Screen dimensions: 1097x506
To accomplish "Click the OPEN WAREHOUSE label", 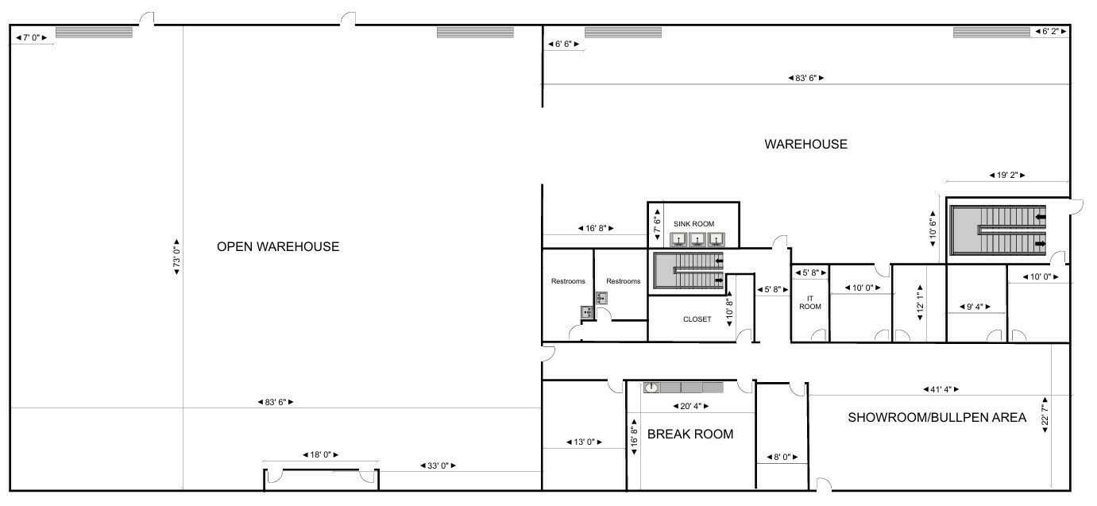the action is click(278, 246).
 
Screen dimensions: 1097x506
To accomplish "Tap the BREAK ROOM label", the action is click(690, 434).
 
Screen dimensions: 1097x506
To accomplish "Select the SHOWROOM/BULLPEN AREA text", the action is click(937, 417).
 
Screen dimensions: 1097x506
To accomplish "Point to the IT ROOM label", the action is click(810, 303).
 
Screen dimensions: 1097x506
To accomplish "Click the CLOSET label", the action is click(697, 319).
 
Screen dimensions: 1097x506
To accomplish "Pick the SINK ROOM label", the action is click(693, 224).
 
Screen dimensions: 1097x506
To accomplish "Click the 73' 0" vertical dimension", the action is click(176, 257).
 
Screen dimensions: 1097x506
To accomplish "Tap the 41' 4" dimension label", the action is click(941, 389).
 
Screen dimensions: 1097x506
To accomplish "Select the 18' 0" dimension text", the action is click(320, 455).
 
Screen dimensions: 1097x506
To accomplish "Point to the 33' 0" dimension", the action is click(438, 465).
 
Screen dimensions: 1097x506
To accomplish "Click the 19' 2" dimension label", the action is click(1007, 175).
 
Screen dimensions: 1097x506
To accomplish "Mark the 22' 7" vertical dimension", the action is click(1045, 415).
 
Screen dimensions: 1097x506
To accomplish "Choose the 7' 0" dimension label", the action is click(31, 37).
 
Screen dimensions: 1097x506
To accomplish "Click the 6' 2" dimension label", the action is click(1050, 31).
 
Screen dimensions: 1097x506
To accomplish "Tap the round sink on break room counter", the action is click(651, 388).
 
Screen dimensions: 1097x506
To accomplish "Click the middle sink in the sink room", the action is click(697, 240).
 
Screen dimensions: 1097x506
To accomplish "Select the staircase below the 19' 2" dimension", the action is click(998, 230).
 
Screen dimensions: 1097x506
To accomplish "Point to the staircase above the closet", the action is click(688, 271).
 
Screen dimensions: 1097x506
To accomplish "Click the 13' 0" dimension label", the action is click(584, 442).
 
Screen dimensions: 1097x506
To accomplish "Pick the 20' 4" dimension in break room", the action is click(690, 406).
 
